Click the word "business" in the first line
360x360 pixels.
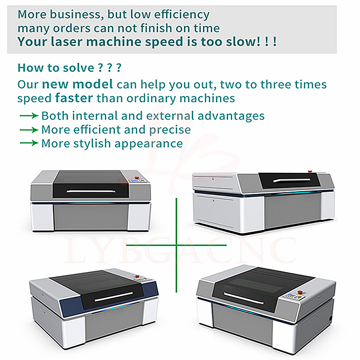tap(75, 14)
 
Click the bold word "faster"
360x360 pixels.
tap(74, 98)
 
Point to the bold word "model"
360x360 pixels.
tap(93, 84)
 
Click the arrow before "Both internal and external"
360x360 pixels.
tap(29, 116)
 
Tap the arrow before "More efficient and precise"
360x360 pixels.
tap(29, 130)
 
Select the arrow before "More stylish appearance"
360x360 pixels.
tap(29, 143)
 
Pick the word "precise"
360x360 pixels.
tap(170, 130)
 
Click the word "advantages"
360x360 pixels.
tap(231, 116)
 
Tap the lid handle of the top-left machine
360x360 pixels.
tap(91, 191)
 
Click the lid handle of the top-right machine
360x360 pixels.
tap(292, 180)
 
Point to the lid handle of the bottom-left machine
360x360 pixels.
tap(114, 297)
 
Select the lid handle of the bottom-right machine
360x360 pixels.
tap(243, 298)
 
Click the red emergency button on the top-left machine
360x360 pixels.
tap(137, 177)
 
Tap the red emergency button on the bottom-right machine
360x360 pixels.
tap(300, 292)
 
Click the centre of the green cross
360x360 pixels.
tap(176, 245)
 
